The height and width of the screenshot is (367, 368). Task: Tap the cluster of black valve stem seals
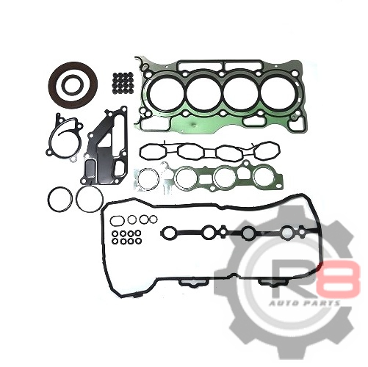coord(123,82)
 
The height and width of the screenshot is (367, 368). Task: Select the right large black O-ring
coord(77,198)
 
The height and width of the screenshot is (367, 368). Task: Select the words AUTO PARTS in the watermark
coord(305,303)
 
